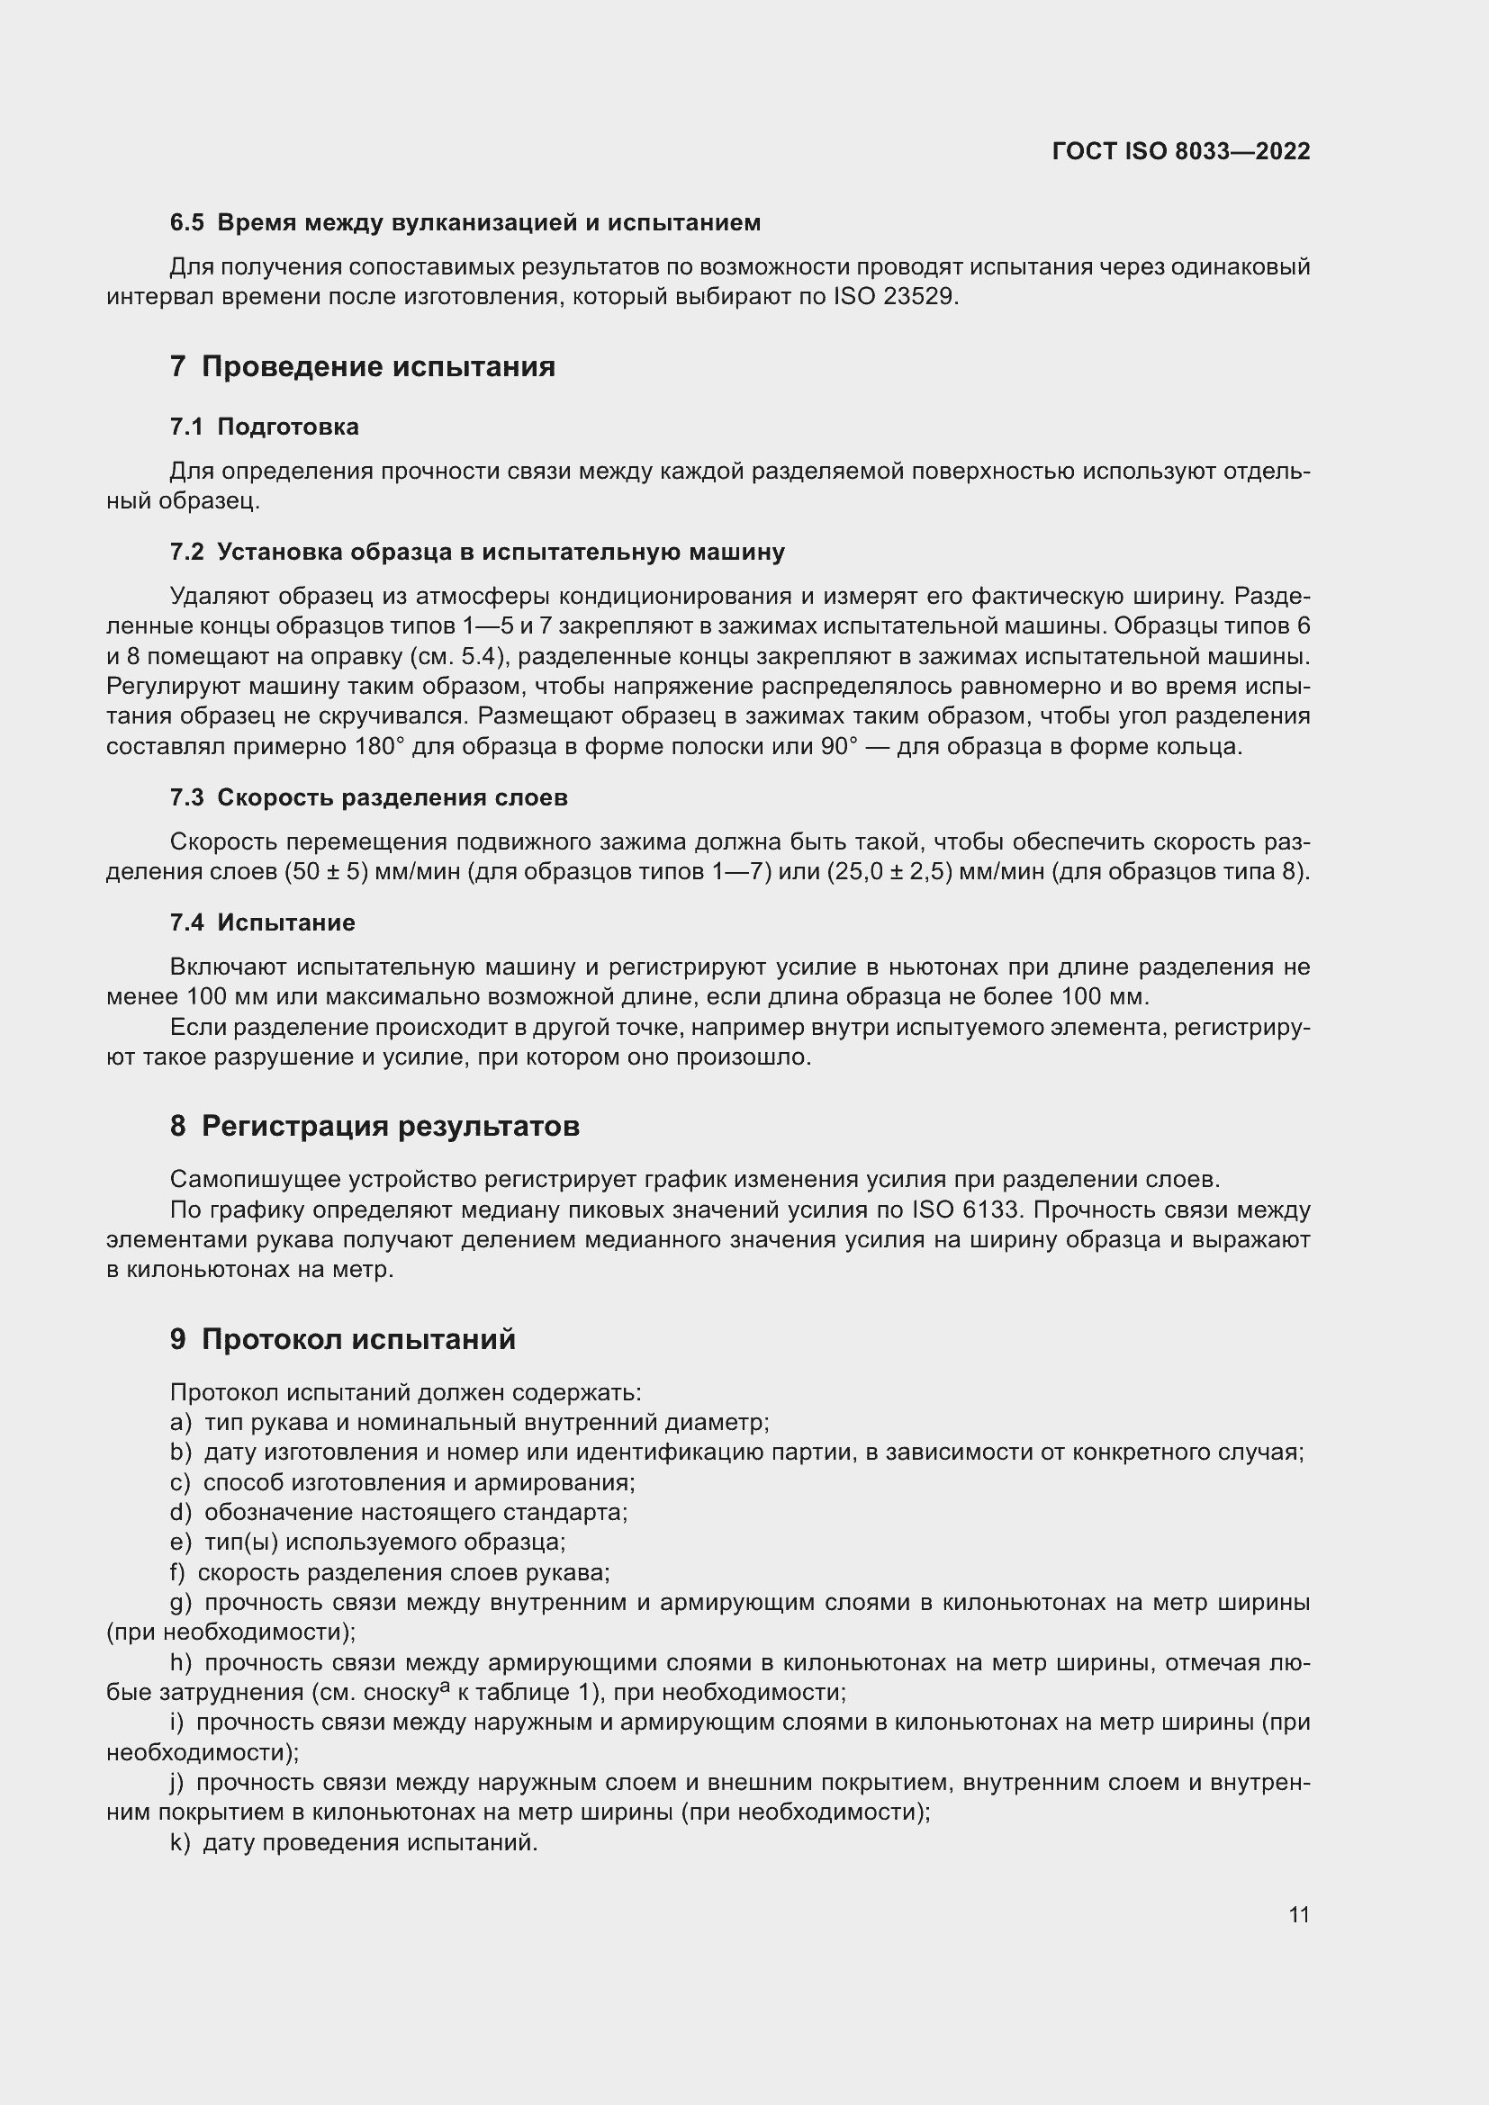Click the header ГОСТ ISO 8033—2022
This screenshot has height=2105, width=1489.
(1181, 151)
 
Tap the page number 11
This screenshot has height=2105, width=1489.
(1298, 1914)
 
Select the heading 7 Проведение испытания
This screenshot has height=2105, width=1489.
(362, 366)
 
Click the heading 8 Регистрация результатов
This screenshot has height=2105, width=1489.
(375, 1125)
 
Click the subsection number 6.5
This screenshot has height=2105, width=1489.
(187, 223)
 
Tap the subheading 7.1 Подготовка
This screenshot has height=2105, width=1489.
(264, 427)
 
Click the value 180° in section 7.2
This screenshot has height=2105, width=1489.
(379, 746)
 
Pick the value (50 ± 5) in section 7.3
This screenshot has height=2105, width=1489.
(327, 871)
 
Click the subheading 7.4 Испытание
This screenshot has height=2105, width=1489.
(262, 922)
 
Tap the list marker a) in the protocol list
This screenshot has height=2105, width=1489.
(181, 1422)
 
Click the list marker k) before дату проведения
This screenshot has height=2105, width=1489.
(180, 1842)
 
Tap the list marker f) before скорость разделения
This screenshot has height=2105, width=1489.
(177, 1572)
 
